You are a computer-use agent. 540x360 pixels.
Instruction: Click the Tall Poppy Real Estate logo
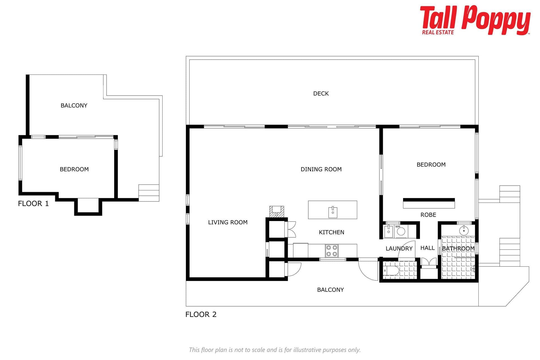(475, 20)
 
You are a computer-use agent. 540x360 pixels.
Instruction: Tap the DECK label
(321, 93)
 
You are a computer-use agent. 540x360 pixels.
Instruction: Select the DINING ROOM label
(321, 169)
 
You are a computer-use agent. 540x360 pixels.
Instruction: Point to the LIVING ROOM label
(228, 222)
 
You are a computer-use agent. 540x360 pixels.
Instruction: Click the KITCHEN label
(332, 232)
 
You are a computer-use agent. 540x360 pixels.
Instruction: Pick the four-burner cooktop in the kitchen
(332, 251)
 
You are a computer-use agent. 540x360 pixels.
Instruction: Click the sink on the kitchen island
(333, 212)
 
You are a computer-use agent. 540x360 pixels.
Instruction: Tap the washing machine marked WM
(401, 231)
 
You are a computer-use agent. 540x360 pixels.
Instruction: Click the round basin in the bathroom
(464, 231)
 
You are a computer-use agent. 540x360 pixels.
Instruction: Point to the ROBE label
(428, 215)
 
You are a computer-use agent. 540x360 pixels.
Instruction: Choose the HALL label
(427, 248)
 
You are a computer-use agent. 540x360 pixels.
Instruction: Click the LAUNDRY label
(399, 249)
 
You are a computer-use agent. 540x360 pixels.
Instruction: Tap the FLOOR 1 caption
(33, 204)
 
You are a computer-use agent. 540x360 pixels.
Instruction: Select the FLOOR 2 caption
(201, 314)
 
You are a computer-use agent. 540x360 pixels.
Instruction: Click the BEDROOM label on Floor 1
(74, 169)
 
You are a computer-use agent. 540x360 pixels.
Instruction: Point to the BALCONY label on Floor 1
(74, 105)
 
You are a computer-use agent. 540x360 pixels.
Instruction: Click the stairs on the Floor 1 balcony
(149, 193)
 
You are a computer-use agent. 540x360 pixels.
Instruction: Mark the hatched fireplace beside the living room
(277, 211)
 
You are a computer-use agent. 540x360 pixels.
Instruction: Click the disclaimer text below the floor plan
(275, 350)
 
